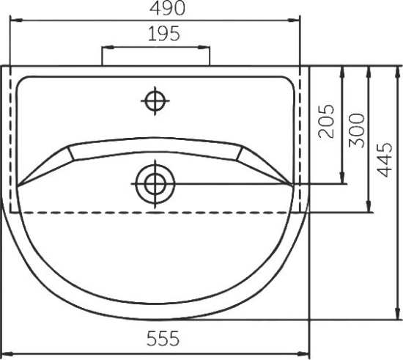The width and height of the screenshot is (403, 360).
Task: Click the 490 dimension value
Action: point(167,8)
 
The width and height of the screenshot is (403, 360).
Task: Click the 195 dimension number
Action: point(164,34)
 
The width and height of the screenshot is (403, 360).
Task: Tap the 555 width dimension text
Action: point(163,339)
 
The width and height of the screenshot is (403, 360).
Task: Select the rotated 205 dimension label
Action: point(326,121)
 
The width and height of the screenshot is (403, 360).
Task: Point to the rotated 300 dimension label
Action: point(357,131)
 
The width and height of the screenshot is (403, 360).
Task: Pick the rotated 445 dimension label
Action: point(385,160)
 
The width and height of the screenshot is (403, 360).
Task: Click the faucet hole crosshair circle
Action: point(155,100)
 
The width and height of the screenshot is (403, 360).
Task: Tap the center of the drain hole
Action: point(155,184)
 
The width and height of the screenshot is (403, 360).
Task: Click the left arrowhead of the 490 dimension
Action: point(16,20)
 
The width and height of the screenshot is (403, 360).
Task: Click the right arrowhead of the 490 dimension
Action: point(294,20)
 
